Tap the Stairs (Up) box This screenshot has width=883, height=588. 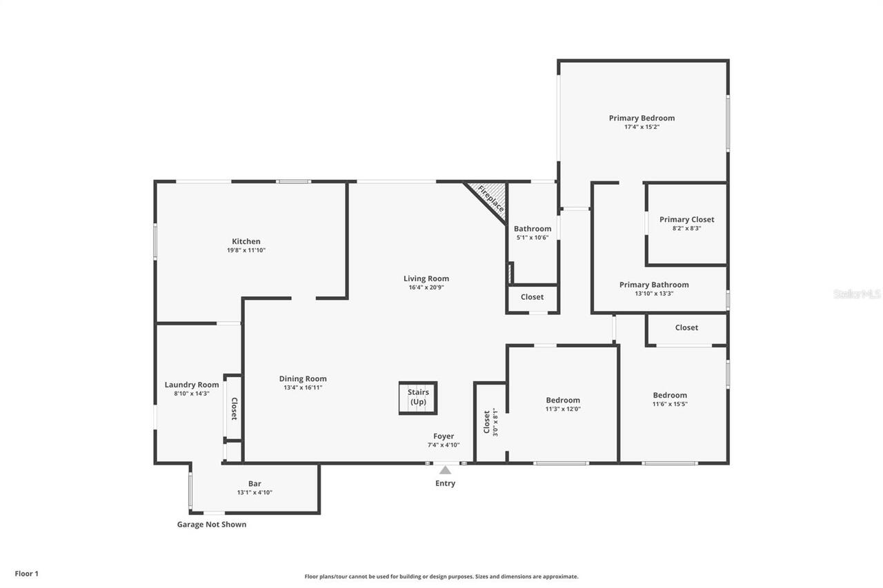coord(418,398)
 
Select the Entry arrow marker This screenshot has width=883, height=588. coord(445,470)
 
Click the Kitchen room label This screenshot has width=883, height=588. coord(246,241)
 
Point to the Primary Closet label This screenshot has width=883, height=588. coord(686,219)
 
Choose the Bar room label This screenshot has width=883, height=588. coord(255,483)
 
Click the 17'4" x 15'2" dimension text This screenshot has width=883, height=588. coord(642,127)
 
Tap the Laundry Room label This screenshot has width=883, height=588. coord(192,385)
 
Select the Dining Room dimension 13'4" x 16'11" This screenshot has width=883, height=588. coord(303,387)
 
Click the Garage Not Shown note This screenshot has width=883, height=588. coord(211,524)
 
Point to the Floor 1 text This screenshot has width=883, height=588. coord(27,573)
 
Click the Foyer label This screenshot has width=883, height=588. coord(444,436)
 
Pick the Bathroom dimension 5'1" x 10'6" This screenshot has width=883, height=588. coord(532,238)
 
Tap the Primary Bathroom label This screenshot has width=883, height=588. coord(653,285)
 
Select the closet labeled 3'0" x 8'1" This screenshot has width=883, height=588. coord(490,422)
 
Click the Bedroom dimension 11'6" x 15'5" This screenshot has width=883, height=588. coord(670,404)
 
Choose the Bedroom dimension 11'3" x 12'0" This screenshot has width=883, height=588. coord(563,409)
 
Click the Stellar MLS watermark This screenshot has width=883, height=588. coord(857,294)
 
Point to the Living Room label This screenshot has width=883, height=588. coord(426,278)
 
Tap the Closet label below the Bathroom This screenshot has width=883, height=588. coord(532,297)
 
